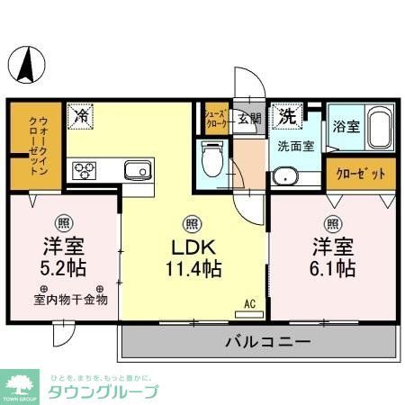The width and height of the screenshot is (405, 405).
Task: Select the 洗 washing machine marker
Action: [286, 115]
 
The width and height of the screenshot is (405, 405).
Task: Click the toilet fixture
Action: [213, 162]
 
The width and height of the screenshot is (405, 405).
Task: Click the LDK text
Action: [192, 246]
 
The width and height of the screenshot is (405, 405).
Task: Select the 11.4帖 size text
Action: [192, 267]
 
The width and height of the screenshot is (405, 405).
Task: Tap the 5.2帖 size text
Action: [64, 267]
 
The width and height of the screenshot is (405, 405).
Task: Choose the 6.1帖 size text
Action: [334, 267]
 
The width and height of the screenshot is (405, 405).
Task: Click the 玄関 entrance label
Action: [249, 117]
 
